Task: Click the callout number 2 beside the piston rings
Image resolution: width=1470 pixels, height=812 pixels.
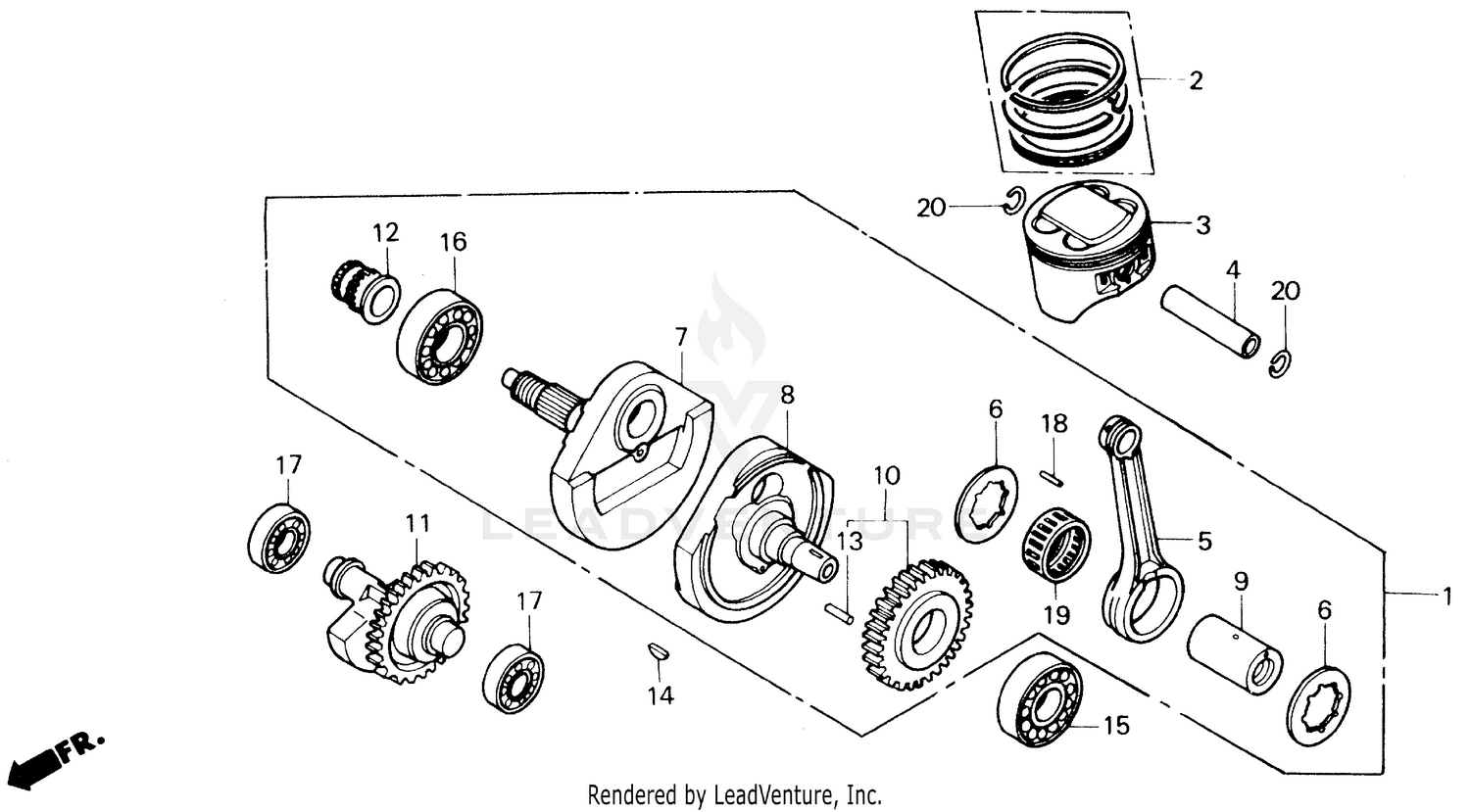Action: pos(1196,80)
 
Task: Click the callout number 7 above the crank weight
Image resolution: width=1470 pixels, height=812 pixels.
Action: pos(681,338)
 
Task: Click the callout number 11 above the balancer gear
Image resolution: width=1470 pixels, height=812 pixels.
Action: pos(418,524)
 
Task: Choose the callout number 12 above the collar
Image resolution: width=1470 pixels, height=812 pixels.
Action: pos(386,233)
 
